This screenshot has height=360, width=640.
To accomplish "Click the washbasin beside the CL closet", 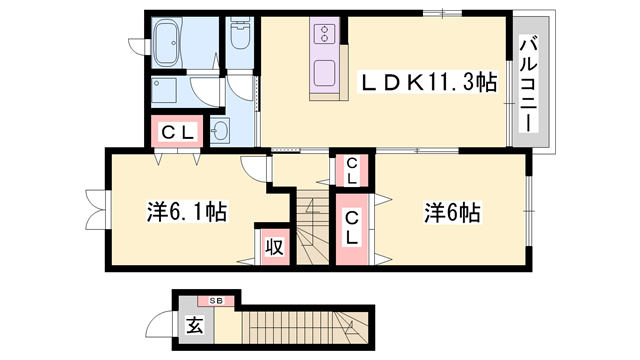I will (220, 130).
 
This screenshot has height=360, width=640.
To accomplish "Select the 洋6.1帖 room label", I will (186, 212).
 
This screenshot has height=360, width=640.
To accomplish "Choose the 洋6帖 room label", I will (453, 212).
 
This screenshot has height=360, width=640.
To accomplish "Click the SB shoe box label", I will (215, 300).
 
